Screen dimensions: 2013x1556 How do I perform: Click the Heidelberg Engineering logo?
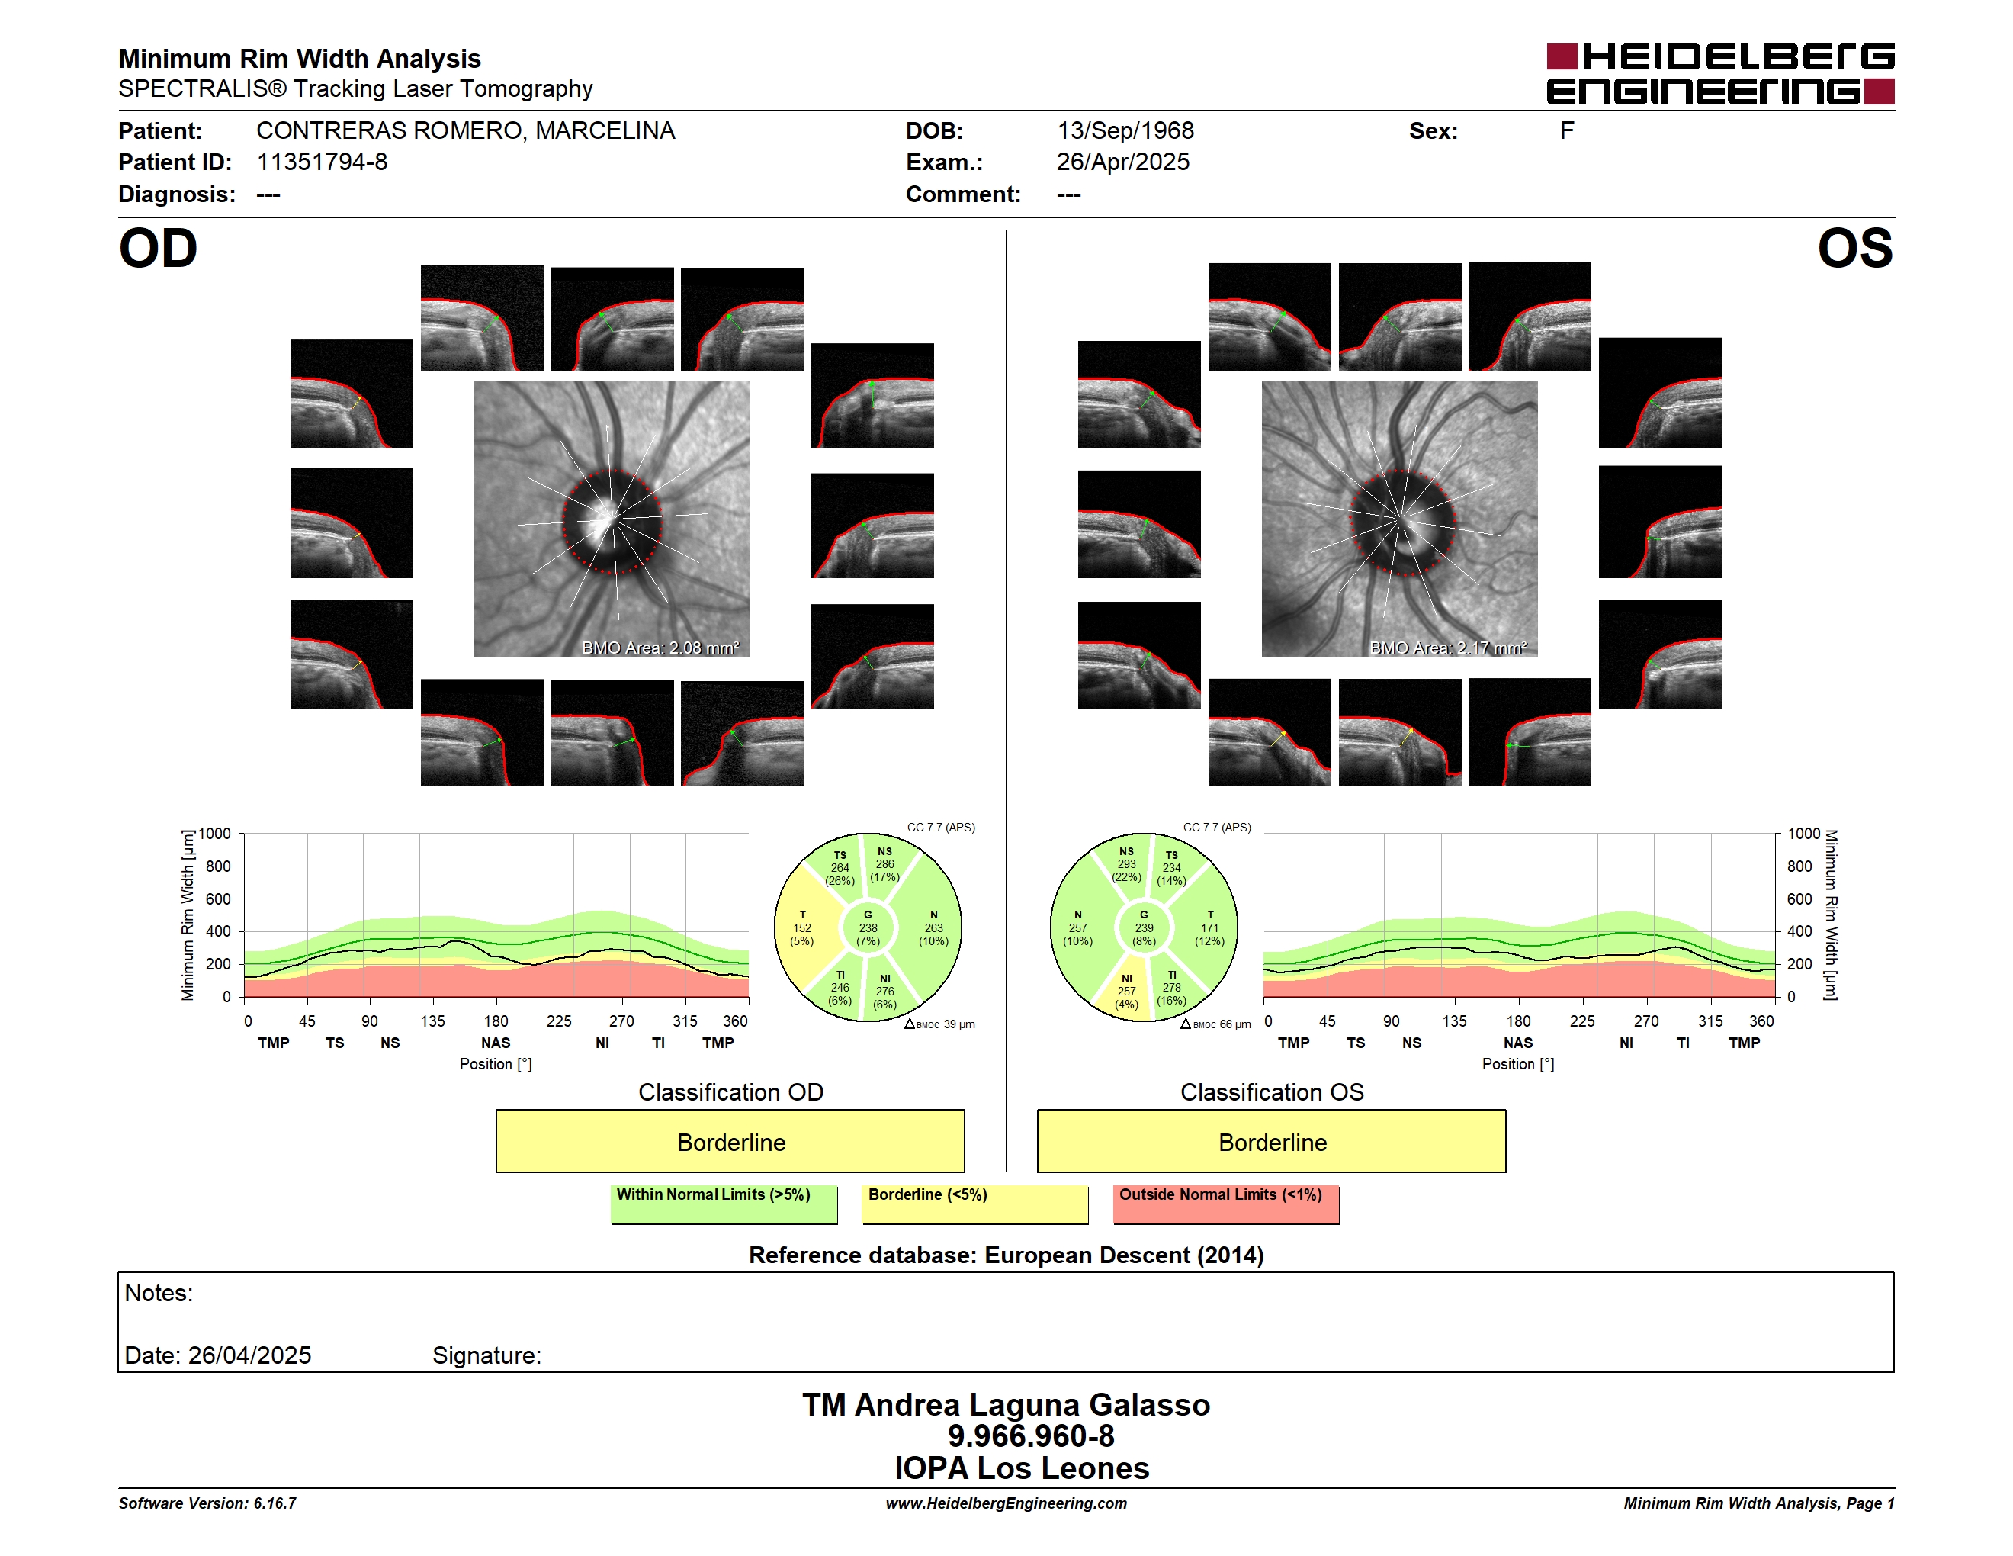[x=1720, y=74]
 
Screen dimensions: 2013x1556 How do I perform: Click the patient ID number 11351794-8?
[x=322, y=162]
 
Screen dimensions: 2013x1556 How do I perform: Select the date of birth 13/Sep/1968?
[x=1125, y=131]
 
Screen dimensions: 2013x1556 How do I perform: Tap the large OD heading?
[x=158, y=249]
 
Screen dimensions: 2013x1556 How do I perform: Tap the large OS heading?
[x=1854, y=249]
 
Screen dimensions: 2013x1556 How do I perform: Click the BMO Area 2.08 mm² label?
[x=660, y=648]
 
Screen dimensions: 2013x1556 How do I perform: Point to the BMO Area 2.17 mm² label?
[x=1448, y=648]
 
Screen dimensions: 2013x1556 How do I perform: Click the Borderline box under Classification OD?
[x=730, y=1141]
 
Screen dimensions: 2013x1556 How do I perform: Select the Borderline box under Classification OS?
[x=1271, y=1141]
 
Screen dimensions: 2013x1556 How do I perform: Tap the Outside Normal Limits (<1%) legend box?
[x=1226, y=1204]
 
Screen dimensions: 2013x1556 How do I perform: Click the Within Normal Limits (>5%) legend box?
[x=724, y=1204]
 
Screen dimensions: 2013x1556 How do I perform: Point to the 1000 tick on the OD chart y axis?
[x=215, y=834]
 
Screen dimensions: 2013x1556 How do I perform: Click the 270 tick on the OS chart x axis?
[x=1646, y=1021]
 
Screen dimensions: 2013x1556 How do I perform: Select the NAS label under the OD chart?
[x=496, y=1043]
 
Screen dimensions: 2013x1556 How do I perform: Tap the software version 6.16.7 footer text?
[x=207, y=1503]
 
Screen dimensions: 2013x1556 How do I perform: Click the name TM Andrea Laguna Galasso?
[x=1006, y=1405]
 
